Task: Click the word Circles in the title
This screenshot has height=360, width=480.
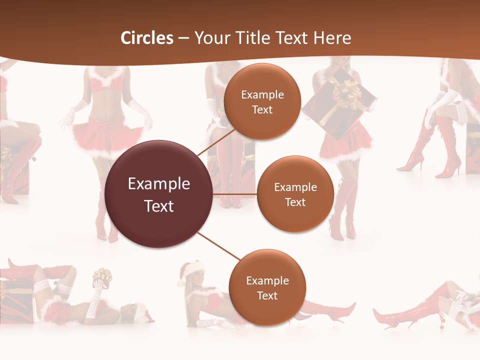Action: tap(147, 38)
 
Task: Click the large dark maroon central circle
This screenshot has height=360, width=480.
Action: tap(159, 194)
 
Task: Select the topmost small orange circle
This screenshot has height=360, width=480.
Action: tap(262, 101)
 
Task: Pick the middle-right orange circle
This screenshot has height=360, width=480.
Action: tap(295, 194)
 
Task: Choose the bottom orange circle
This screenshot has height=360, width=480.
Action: tap(267, 287)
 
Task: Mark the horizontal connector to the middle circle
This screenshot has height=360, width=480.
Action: tap(234, 194)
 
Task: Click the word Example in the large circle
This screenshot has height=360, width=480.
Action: tap(159, 184)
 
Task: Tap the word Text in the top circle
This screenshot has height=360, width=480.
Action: tap(262, 109)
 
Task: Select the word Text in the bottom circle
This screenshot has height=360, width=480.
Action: tap(267, 295)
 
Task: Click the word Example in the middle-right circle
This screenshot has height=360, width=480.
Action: tap(295, 187)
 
